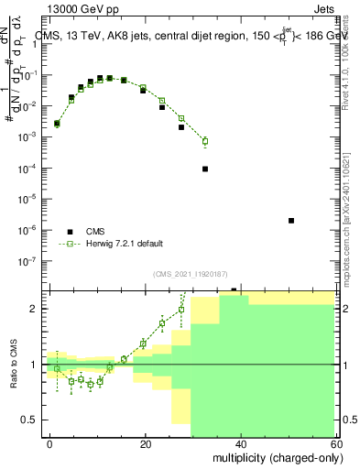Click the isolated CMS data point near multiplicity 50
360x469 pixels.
[x=291, y=221]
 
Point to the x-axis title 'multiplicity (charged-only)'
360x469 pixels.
[x=274, y=456]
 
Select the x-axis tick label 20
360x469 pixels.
[x=146, y=442]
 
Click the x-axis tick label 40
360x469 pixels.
[x=241, y=442]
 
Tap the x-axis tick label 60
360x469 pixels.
[x=335, y=442]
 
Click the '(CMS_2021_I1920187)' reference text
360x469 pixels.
[x=191, y=274]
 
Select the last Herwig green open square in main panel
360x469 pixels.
[x=205, y=141]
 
